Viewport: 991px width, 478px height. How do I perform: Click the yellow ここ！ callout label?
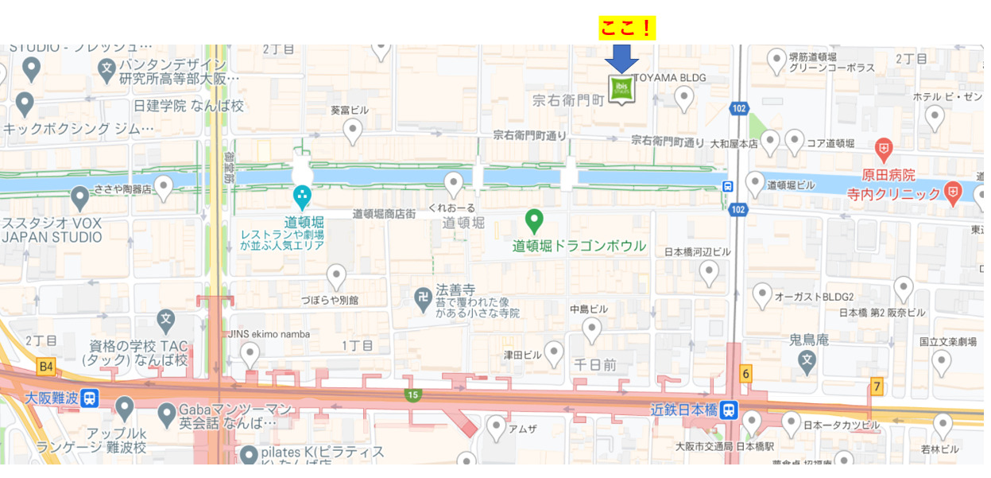click(626, 28)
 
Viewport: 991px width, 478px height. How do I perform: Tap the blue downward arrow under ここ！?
click(621, 59)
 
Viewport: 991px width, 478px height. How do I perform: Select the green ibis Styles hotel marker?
click(621, 88)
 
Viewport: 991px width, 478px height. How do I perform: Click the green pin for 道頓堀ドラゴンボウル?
click(535, 220)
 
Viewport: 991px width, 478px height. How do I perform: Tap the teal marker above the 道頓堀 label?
click(302, 196)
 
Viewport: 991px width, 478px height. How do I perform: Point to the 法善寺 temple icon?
click(423, 299)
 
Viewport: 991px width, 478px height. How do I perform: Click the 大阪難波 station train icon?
click(90, 398)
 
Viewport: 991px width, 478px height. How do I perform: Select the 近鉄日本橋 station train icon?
click(729, 410)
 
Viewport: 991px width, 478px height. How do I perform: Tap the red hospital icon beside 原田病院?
click(883, 149)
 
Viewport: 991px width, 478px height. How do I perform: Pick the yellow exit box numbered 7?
click(877, 387)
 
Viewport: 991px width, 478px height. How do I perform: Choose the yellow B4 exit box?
click(46, 367)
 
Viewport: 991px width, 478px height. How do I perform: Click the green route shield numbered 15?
click(412, 394)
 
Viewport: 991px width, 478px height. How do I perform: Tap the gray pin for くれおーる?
click(454, 184)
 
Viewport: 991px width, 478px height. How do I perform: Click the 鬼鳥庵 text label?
click(808, 340)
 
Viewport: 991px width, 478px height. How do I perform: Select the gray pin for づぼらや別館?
click(336, 276)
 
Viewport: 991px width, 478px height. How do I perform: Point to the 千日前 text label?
click(594, 364)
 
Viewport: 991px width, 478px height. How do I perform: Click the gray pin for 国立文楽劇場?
click(942, 362)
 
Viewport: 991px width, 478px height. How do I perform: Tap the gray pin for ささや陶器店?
click(163, 188)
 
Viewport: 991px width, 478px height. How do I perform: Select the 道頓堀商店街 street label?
click(384, 213)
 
